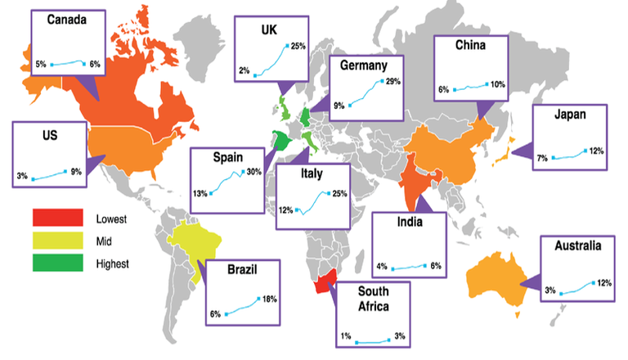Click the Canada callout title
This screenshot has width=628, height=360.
(x=68, y=20)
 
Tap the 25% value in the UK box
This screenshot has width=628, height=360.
(x=297, y=46)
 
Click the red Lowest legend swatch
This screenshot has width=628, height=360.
(x=57, y=218)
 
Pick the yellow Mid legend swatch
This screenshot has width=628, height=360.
(x=57, y=241)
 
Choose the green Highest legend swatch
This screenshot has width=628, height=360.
(x=57, y=263)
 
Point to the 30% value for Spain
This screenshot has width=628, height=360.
(x=253, y=172)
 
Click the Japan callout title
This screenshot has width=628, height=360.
(x=569, y=115)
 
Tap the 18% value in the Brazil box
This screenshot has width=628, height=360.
(x=269, y=299)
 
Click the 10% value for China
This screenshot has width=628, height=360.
(x=498, y=84)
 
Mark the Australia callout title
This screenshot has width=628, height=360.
(x=577, y=245)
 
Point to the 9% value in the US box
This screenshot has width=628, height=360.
(x=76, y=171)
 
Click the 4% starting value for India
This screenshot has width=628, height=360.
(x=382, y=267)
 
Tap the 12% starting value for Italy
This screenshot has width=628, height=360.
(x=285, y=210)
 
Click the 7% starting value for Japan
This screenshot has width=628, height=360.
(x=542, y=157)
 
